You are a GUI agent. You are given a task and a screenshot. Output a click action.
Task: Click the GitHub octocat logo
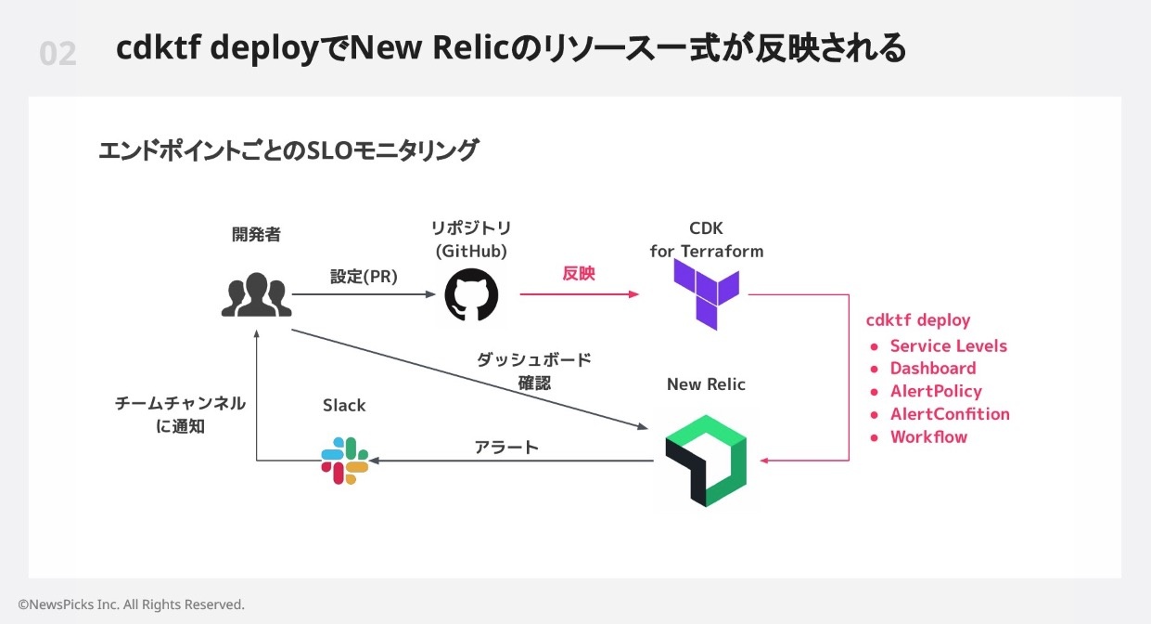click(471, 296)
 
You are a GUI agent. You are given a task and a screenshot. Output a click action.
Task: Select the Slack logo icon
click(345, 460)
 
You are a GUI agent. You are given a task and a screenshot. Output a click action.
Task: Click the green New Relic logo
click(706, 461)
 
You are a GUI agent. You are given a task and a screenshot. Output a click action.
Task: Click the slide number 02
click(58, 54)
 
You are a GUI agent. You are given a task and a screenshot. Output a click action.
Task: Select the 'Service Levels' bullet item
click(948, 346)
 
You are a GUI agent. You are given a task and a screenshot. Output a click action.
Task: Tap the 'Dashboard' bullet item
click(933, 369)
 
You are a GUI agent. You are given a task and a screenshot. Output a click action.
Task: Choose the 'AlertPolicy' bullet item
click(936, 392)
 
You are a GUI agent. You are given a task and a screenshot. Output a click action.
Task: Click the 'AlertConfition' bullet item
click(950, 414)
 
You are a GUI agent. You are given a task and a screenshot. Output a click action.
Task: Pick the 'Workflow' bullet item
click(928, 437)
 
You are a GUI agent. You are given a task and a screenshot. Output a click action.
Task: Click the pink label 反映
click(579, 274)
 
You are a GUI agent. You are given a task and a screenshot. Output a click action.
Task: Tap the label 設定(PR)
click(364, 277)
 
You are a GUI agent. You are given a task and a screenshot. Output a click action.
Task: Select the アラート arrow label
click(506, 447)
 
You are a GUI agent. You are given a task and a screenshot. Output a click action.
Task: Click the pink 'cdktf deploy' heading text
click(918, 320)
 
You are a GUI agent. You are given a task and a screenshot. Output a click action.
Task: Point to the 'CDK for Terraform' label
click(707, 240)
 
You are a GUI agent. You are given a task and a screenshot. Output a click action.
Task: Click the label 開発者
click(256, 235)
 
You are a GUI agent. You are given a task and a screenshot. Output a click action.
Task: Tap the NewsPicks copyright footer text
click(131, 604)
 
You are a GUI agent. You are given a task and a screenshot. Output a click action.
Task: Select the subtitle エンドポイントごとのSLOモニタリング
click(288, 150)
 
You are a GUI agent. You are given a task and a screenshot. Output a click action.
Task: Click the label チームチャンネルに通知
click(180, 415)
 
